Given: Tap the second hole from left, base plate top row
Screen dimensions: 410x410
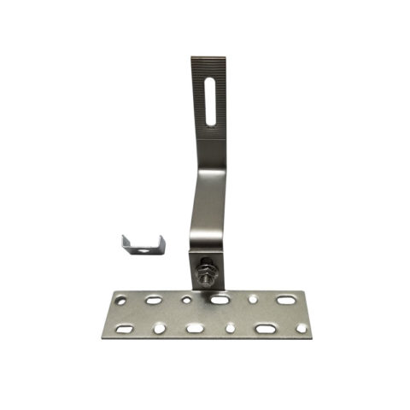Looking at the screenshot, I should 153,300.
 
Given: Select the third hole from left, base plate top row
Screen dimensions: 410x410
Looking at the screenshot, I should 186,300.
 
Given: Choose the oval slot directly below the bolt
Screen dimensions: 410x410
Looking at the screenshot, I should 220,300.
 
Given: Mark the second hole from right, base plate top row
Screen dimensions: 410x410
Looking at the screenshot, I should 253,299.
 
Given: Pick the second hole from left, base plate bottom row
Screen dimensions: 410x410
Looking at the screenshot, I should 159,328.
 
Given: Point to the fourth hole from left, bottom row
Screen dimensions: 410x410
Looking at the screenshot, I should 230,328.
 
